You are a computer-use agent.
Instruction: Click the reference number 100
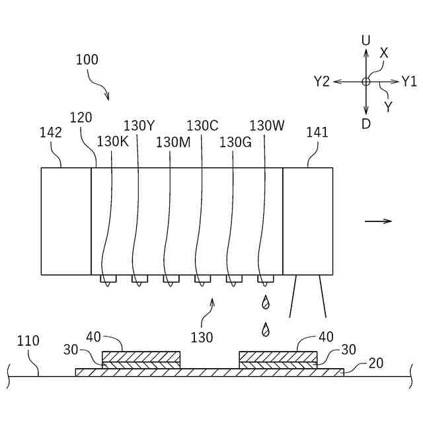pos(87,59)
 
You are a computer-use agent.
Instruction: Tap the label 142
pos(51,132)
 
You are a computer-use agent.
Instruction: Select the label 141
pos(317,132)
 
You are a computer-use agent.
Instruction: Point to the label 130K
pos(112,141)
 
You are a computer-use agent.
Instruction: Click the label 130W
pos(266,125)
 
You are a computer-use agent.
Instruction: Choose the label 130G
pos(235,141)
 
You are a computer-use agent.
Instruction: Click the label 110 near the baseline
pos(28,342)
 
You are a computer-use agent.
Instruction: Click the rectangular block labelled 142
pos(66,221)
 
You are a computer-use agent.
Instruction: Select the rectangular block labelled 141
pos(307,221)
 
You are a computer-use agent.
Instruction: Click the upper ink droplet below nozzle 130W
pos(266,303)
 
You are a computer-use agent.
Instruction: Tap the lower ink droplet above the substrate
pos(266,328)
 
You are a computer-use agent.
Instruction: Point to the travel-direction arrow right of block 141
pos(378,221)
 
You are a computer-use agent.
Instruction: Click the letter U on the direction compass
pos(365,40)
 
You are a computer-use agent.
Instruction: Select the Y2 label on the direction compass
pos(322,82)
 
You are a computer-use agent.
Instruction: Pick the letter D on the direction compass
pos(365,123)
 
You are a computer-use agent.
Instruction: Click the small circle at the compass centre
pos(365,82)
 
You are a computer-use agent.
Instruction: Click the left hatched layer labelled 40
pos(141,356)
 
